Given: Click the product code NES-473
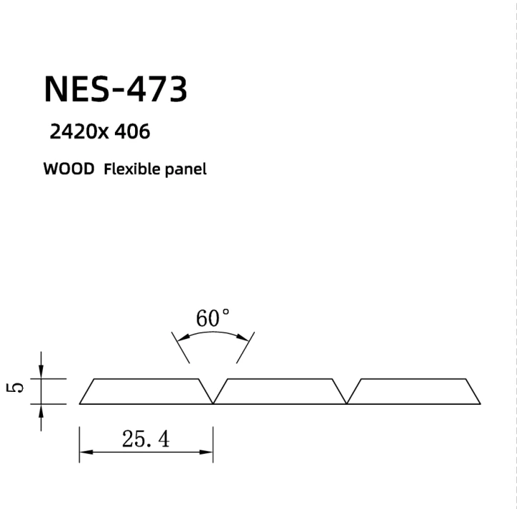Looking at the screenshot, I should (116, 89).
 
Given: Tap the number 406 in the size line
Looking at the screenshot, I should (133, 131).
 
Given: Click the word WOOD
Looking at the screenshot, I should (69, 169).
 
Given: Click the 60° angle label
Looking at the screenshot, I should (213, 318).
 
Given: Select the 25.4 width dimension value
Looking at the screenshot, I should (146, 439).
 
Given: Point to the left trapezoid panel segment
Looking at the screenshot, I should (146, 391).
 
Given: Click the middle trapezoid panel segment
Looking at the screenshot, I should (279, 391).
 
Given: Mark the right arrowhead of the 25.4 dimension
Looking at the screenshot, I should (208, 452).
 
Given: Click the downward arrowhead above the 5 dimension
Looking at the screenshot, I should (41, 373).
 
